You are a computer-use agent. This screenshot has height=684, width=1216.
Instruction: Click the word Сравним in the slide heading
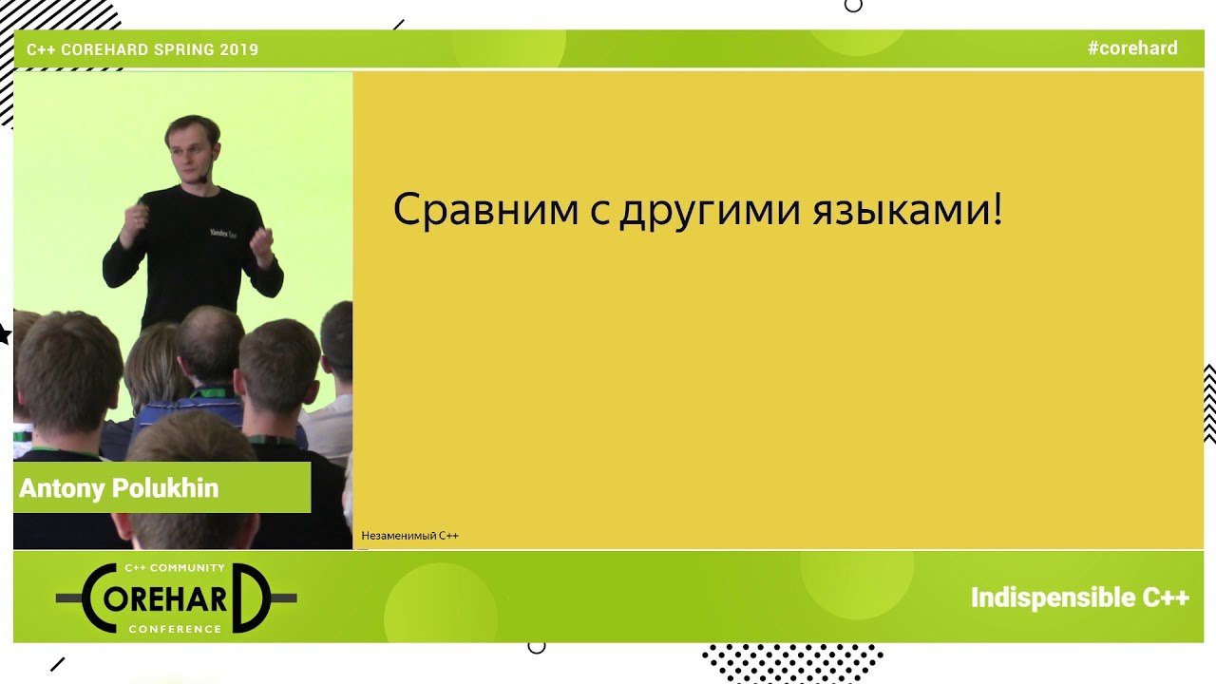[485, 209]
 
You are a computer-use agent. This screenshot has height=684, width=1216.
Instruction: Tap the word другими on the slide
[711, 212]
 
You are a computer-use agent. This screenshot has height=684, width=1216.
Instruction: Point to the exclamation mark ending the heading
[997, 207]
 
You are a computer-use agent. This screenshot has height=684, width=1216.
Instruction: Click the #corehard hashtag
[1132, 48]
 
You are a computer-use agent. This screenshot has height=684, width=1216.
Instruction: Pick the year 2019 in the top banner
[238, 49]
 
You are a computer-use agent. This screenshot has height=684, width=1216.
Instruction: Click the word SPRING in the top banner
[184, 49]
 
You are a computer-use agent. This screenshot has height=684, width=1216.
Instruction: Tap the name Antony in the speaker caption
[62, 488]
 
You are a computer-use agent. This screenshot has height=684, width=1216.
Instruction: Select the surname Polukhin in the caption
[165, 487]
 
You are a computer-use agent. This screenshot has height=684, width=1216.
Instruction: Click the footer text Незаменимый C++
[409, 536]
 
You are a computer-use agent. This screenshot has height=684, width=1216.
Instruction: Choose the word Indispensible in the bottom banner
[1054, 598]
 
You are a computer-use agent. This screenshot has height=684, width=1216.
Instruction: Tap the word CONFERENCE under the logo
[175, 629]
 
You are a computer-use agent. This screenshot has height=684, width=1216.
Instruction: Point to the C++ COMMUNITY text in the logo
[175, 567]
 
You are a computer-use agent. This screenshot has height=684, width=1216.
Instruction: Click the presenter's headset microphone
[203, 177]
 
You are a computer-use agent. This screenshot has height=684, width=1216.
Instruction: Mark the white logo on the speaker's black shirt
[223, 234]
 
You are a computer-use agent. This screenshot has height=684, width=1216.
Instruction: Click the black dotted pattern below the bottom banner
[792, 662]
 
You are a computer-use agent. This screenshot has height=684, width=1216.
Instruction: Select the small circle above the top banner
[853, 6]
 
